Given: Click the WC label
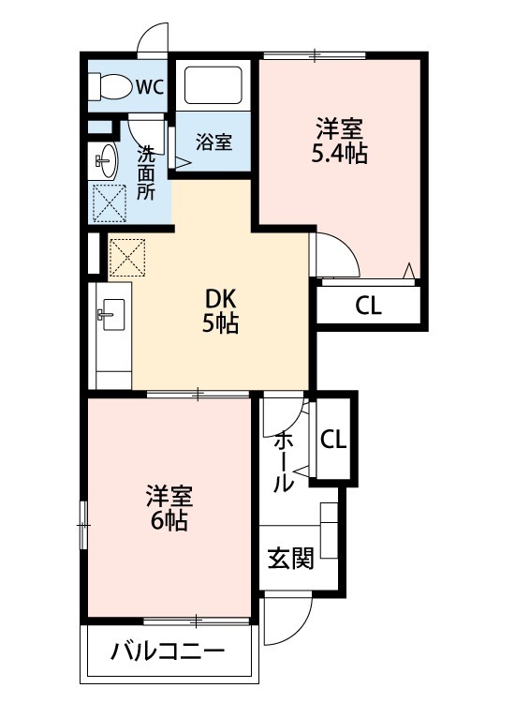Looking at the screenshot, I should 149,87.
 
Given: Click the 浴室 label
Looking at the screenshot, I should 214,142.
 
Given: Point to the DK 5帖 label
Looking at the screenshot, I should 222,312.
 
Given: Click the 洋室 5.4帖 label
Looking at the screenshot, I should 339,141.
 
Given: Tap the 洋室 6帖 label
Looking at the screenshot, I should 169,506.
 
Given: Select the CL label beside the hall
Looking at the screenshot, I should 333,439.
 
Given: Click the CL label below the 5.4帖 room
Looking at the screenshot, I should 369,306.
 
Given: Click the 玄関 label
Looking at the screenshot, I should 290,560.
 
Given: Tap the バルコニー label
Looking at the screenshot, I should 168,651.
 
